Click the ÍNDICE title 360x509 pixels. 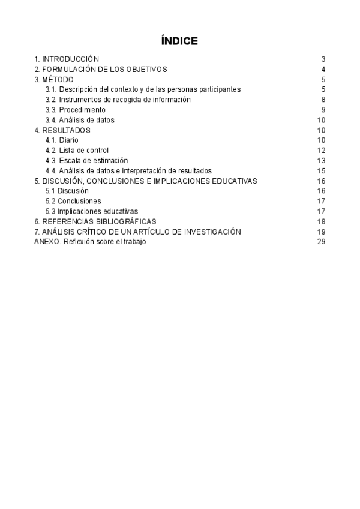(x=179, y=41)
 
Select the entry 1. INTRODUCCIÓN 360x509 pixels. (x=67, y=59)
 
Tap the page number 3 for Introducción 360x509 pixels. (x=323, y=59)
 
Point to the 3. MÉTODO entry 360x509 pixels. (x=54, y=79)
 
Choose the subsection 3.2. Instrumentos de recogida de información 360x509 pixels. (x=118, y=100)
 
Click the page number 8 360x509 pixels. (x=323, y=100)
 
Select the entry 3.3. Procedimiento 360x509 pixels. (x=76, y=110)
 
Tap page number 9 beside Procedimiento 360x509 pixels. (x=323, y=110)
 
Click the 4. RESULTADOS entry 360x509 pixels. (x=62, y=130)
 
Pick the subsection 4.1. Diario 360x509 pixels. (x=62, y=140)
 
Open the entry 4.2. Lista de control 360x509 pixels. (x=77, y=151)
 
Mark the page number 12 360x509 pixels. (x=321, y=151)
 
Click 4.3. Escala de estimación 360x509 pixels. (x=87, y=161)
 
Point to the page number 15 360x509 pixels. (x=321, y=171)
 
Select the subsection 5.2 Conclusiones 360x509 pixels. (x=73, y=201)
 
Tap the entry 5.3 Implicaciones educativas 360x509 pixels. (x=92, y=211)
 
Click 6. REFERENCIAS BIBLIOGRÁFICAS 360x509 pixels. (x=99, y=221)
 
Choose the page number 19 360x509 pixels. (x=321, y=232)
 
